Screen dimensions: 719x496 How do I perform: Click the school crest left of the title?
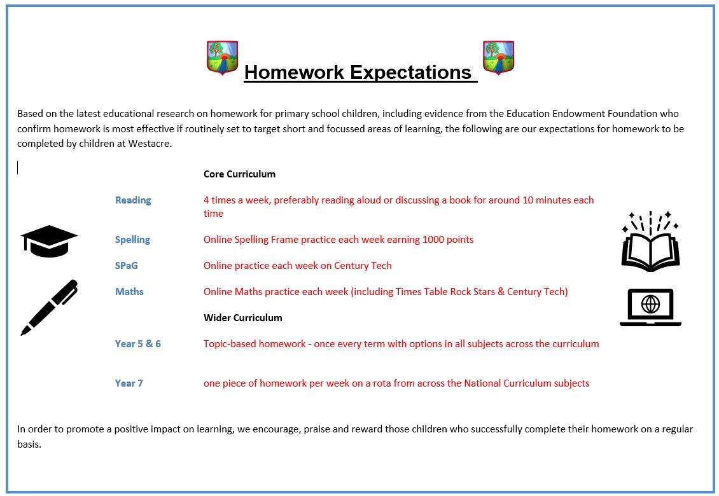[223, 57]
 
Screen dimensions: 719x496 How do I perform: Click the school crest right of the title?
[498, 57]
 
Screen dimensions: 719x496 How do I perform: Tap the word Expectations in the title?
[410, 72]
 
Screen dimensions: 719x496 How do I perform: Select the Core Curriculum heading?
[239, 174]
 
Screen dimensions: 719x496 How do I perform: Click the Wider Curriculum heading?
[243, 318]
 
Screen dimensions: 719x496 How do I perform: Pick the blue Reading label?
[133, 200]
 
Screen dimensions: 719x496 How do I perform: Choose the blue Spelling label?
[132, 240]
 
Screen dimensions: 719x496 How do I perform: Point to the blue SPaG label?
[127, 265]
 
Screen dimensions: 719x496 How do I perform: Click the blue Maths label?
[129, 291]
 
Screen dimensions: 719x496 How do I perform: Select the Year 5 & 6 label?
[138, 344]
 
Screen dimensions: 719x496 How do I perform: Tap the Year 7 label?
[129, 383]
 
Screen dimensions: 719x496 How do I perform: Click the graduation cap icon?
[49, 241]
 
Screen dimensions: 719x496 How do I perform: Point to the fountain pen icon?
[49, 308]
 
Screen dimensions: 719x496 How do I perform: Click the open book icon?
[651, 242]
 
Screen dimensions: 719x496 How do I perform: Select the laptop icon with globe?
[651, 307]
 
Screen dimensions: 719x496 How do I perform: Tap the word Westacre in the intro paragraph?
[149, 144]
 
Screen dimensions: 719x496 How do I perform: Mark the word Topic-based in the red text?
[255, 344]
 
